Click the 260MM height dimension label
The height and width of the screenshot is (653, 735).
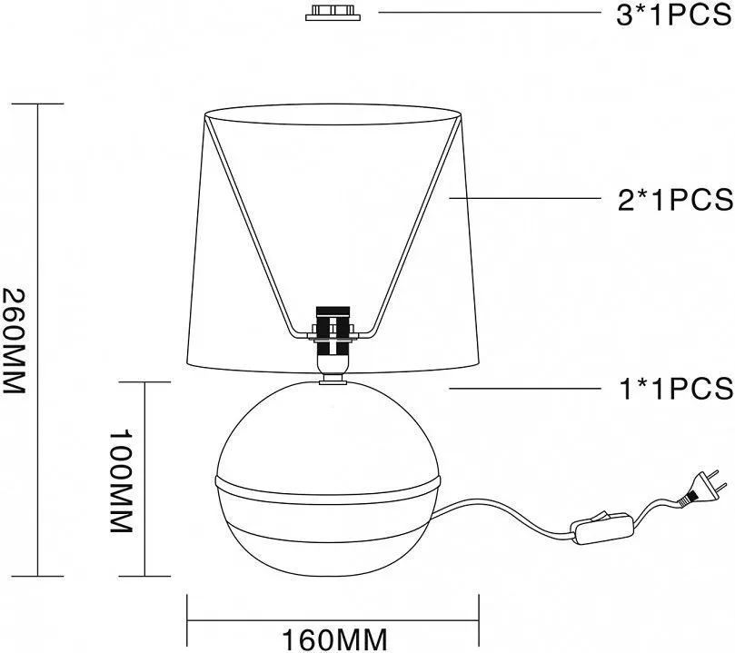13,341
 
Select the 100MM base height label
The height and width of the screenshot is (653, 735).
121,480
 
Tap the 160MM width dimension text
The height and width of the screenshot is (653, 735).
334,639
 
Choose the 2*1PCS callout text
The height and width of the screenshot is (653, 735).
675,200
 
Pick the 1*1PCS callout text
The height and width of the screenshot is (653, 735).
676,389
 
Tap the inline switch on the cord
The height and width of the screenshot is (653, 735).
603,529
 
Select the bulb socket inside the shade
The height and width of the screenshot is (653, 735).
333,337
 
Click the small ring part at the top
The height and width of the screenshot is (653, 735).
333,13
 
